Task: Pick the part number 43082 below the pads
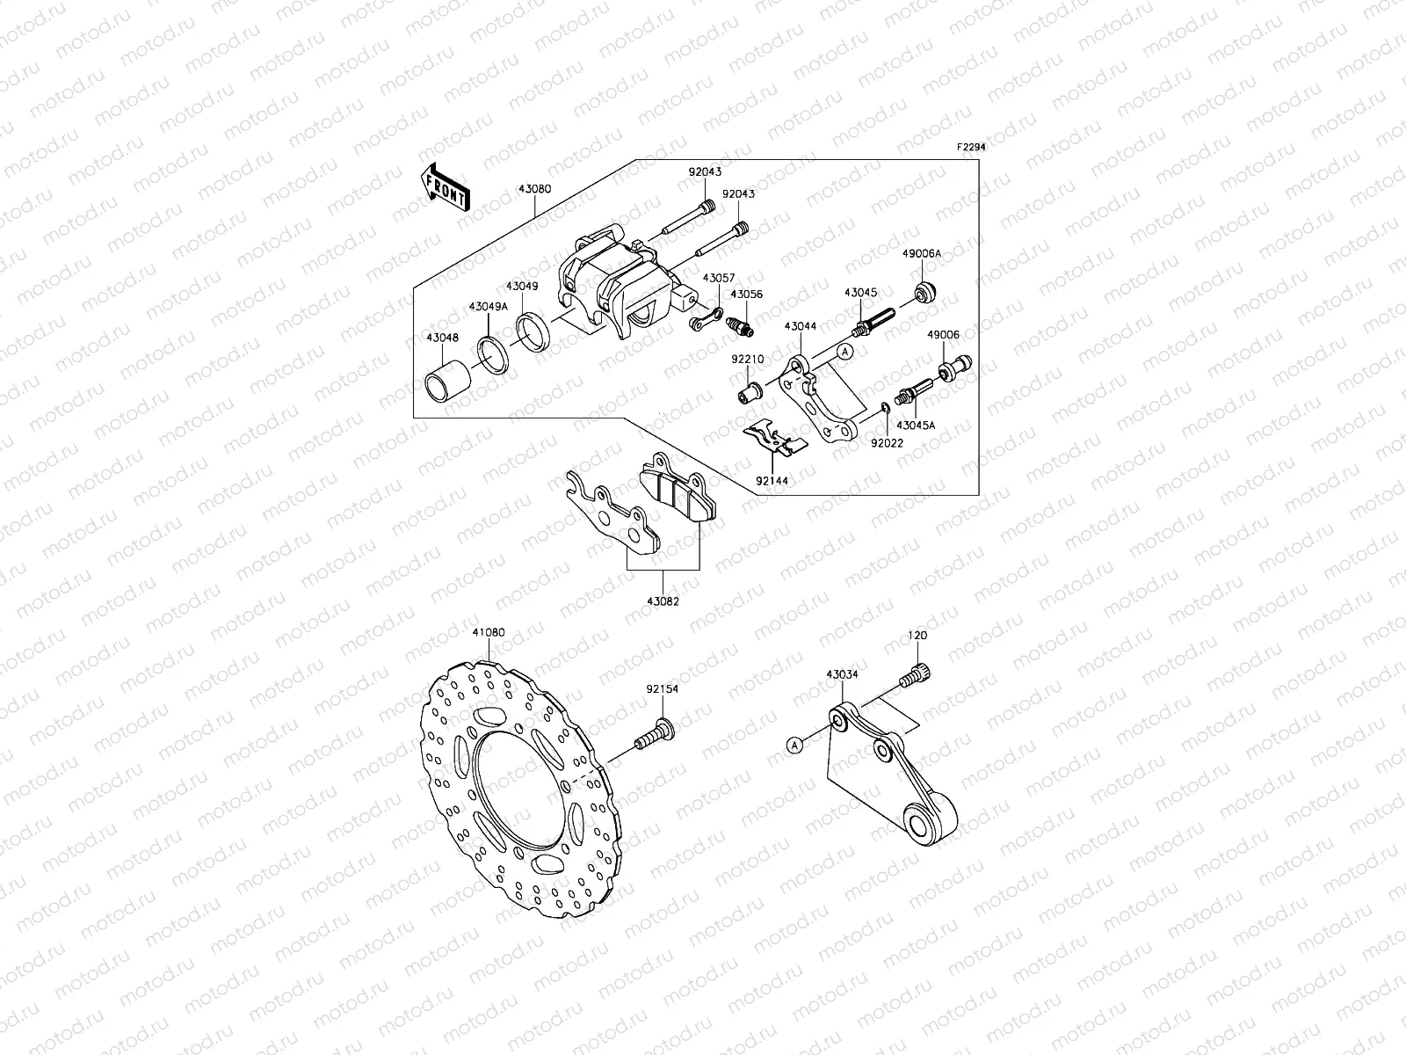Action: pyautogui.click(x=663, y=601)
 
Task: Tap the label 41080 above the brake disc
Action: pyautogui.click(x=489, y=632)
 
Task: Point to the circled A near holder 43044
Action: pyautogui.click(x=844, y=352)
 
